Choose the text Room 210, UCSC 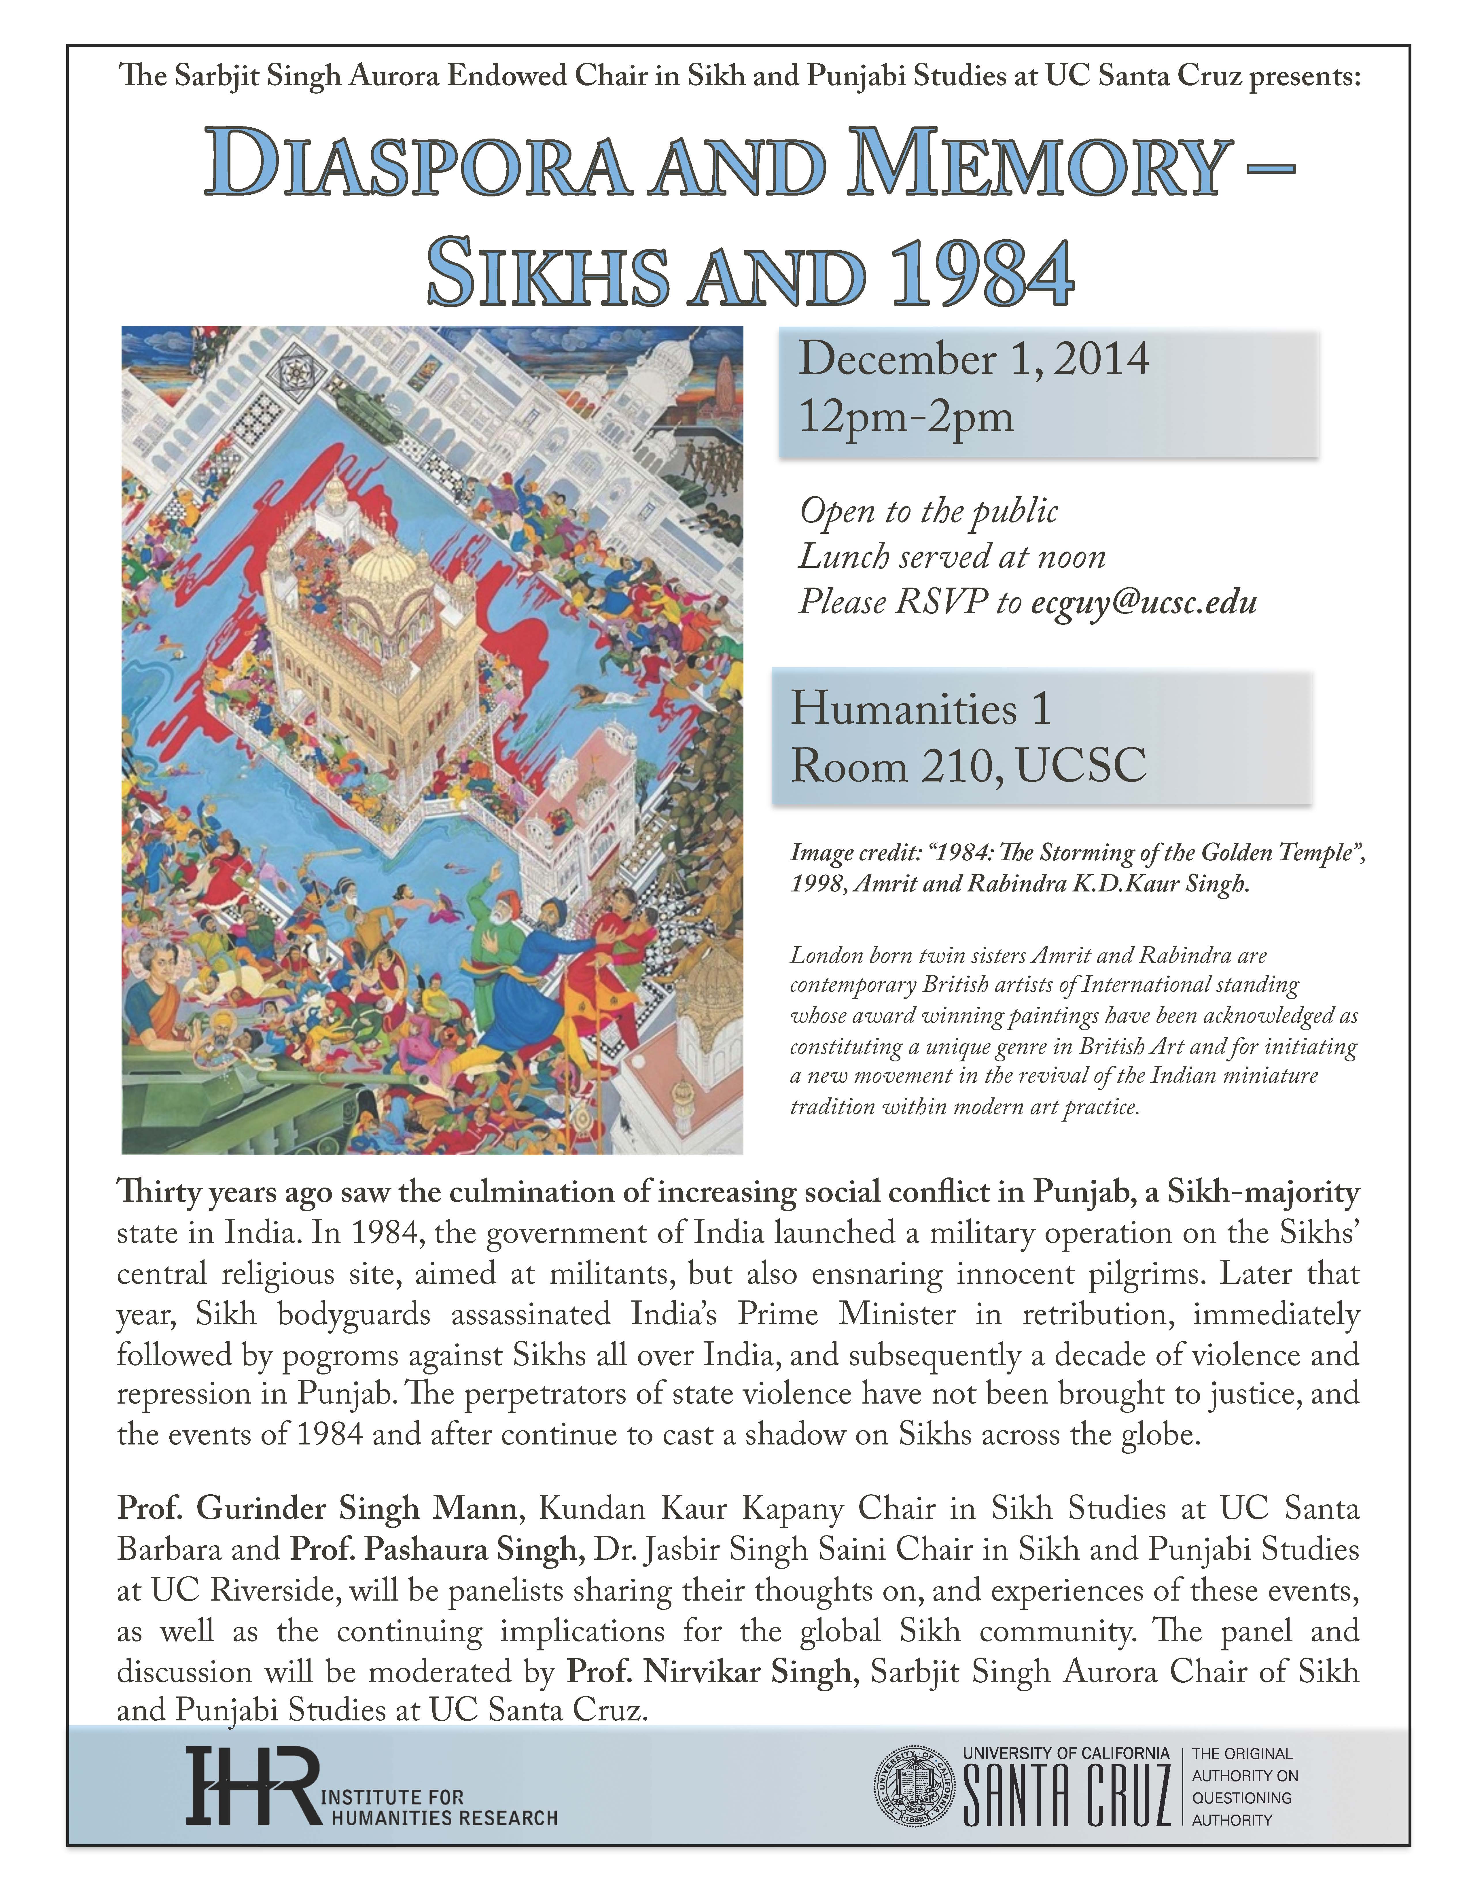pyautogui.click(x=968, y=766)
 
